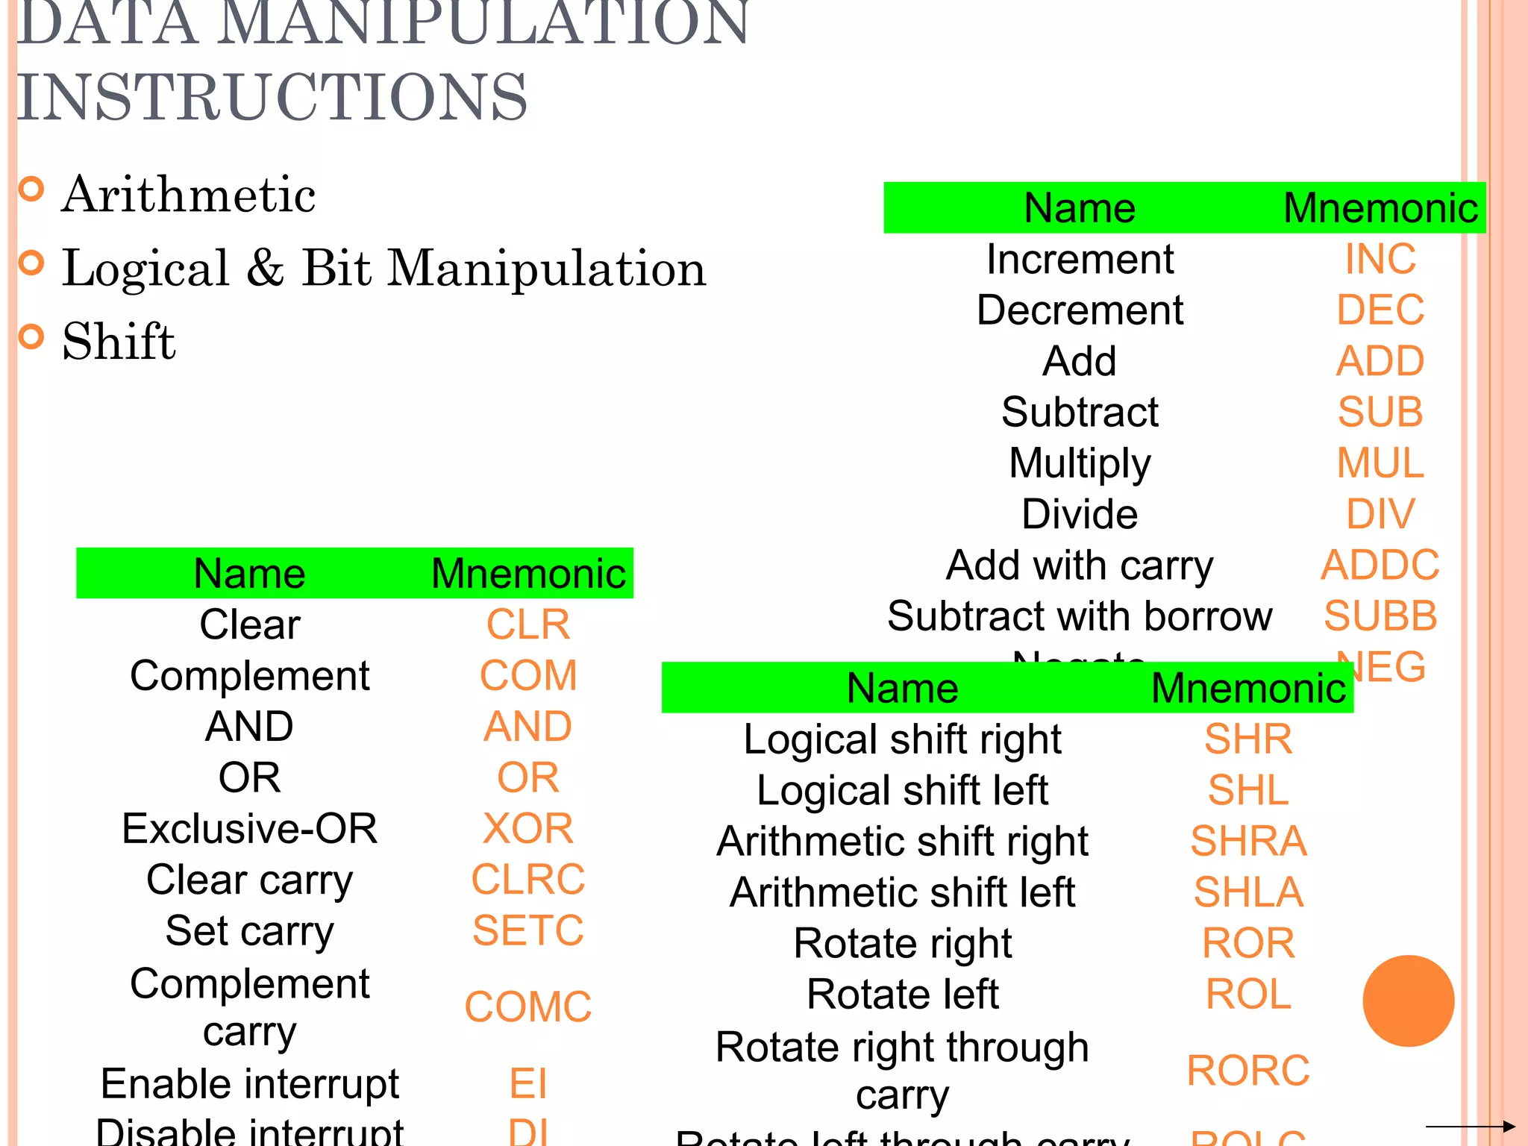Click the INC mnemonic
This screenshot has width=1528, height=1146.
[x=1380, y=259]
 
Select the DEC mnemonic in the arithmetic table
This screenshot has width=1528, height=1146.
[x=1380, y=310]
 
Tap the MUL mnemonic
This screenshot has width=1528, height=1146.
[x=1380, y=463]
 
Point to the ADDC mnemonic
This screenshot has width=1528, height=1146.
[x=1380, y=565]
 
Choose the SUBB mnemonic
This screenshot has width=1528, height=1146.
[x=1380, y=616]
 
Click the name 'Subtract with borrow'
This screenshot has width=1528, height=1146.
[x=1079, y=616]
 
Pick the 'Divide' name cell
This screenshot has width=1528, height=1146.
[x=1079, y=514]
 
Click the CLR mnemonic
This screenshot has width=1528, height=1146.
[x=527, y=624]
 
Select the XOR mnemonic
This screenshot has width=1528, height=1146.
[x=527, y=828]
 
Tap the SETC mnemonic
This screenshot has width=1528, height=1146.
[x=527, y=930]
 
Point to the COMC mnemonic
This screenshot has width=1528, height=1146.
[x=527, y=1006]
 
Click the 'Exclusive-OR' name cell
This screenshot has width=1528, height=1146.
[x=249, y=828]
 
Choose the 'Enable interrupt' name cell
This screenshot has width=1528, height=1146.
[x=249, y=1083]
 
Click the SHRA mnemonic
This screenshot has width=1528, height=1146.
[x=1248, y=841]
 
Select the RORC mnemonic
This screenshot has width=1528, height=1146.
[x=1248, y=1070]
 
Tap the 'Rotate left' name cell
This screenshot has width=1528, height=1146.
[x=902, y=994]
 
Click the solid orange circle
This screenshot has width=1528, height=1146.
[x=1408, y=1001]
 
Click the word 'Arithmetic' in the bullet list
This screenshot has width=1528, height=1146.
[x=189, y=195]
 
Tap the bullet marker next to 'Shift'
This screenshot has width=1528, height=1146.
[x=31, y=337]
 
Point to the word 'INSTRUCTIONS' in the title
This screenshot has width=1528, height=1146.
[x=272, y=97]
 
